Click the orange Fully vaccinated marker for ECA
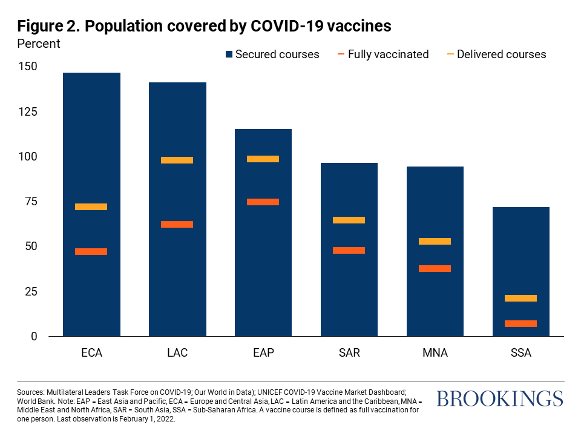[91, 251]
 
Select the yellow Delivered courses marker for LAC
[177, 160]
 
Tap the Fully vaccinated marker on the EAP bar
[263, 202]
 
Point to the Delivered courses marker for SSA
[520, 298]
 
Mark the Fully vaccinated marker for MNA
[435, 268]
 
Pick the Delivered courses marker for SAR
[349, 220]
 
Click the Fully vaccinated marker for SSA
[520, 323]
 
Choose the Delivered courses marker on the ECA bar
[91, 206]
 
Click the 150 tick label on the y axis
[27, 67]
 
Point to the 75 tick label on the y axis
[30, 202]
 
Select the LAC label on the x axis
[177, 353]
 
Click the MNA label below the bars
[435, 353]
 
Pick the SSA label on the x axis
[520, 353]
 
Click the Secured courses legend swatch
[228, 54]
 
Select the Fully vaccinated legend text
[388, 54]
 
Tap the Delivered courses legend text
[501, 54]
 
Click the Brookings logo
[499, 398]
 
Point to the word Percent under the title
[39, 44]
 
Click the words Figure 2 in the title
[50, 26]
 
